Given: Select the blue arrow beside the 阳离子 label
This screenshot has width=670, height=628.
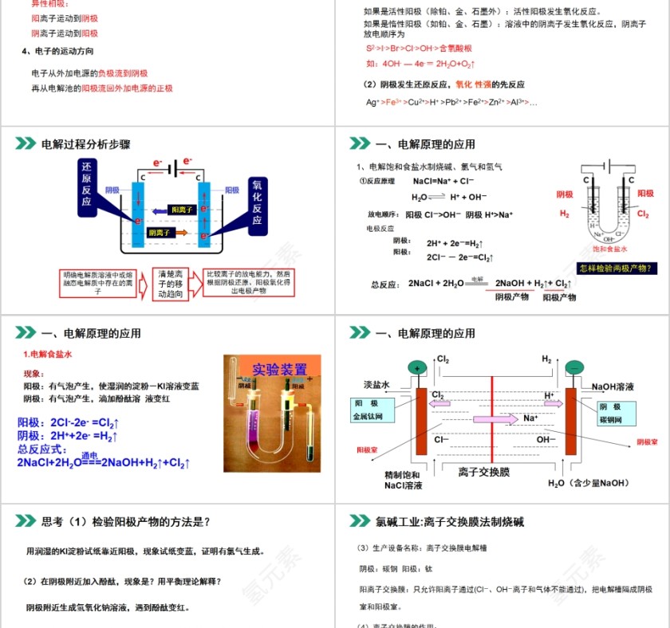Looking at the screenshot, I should [160, 210].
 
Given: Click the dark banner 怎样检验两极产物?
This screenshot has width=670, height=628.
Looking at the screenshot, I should [619, 269].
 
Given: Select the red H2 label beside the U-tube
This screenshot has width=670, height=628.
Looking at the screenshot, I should [564, 214].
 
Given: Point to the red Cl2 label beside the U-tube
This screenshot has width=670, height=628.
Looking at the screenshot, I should [645, 214].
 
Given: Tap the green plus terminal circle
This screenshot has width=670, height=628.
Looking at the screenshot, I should [416, 368].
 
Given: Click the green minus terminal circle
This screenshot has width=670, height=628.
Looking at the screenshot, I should [573, 368].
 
